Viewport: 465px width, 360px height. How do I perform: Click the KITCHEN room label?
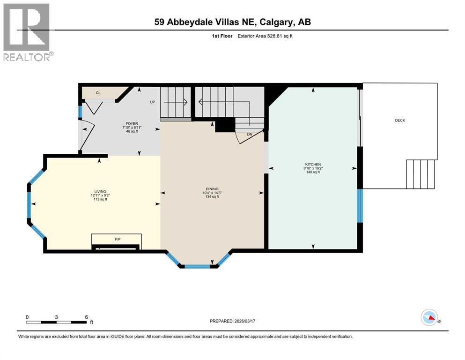click(x=313, y=165)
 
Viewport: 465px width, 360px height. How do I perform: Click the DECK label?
click(x=399, y=120)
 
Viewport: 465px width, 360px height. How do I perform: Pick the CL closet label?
click(x=98, y=93)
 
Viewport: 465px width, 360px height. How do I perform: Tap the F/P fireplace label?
click(x=118, y=239)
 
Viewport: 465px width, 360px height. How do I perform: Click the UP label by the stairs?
click(x=152, y=102)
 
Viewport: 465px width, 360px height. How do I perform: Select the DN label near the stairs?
click(x=250, y=135)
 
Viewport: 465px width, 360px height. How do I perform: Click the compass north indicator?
click(x=430, y=318)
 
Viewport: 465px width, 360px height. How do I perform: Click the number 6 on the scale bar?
click(x=86, y=317)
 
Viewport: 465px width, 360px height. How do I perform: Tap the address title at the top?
click(x=232, y=22)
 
